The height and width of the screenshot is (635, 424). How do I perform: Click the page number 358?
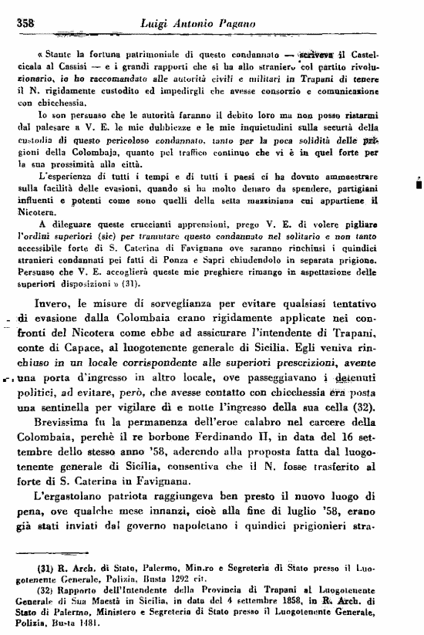(29, 25)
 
